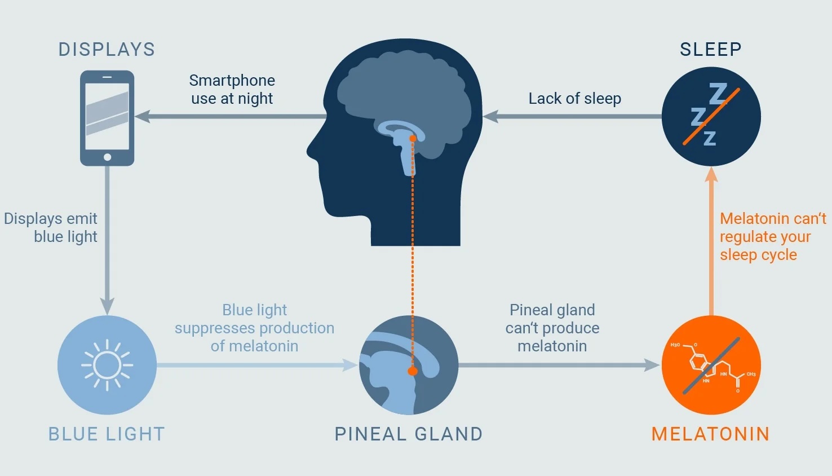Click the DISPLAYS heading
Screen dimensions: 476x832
tap(107, 50)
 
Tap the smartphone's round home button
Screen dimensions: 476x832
tap(107, 157)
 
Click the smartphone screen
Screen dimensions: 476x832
tap(107, 117)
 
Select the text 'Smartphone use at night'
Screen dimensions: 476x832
tap(232, 90)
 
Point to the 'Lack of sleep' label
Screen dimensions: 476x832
tap(574, 99)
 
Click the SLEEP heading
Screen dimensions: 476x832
tap(710, 50)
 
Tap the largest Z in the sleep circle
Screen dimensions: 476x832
tap(718, 94)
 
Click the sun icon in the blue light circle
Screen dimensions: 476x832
tap(107, 365)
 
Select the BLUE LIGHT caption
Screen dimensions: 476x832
tap(107, 434)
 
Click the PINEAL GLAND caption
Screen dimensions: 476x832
tap(409, 434)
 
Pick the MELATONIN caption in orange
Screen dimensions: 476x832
tap(710, 434)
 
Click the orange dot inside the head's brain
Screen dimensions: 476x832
tap(413, 138)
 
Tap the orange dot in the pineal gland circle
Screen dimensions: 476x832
tap(413, 371)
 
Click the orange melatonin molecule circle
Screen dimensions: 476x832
tap(711, 365)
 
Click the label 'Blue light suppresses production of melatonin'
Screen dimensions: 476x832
tap(254, 328)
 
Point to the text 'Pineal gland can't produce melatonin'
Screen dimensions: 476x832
tap(552, 328)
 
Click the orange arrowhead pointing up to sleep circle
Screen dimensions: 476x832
tap(711, 174)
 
